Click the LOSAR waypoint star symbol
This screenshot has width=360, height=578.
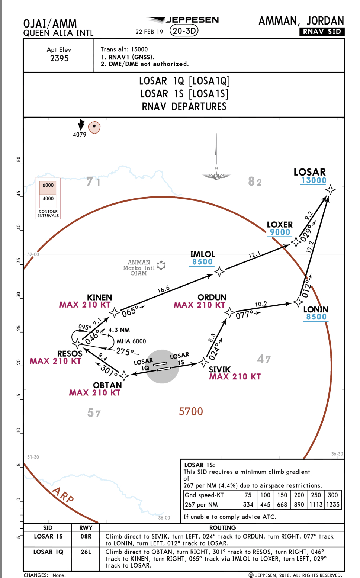[330, 190]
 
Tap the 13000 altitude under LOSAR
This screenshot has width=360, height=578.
[314, 181]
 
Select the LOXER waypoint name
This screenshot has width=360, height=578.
[280, 225]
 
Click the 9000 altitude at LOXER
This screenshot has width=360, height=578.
[280, 232]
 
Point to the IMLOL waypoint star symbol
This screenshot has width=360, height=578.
[219, 272]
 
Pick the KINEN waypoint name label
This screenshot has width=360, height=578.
[99, 298]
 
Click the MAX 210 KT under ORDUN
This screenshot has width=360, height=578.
[199, 305]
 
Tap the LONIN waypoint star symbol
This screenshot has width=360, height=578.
[298, 302]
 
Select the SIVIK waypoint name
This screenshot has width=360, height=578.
[219, 369]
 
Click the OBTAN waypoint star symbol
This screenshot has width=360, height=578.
[124, 375]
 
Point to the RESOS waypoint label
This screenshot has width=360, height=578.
[70, 354]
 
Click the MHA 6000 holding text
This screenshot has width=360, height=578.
[131, 341]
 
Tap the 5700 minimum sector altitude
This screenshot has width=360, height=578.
[191, 411]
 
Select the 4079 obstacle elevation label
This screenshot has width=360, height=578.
[80, 135]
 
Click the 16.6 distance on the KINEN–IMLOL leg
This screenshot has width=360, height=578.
[164, 289]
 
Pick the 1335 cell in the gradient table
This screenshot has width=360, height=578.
[333, 505]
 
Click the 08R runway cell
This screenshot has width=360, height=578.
[86, 536]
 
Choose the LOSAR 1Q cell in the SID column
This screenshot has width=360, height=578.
[48, 552]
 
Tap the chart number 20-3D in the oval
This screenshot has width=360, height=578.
[184, 31]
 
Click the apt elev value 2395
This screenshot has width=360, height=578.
[59, 58]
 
